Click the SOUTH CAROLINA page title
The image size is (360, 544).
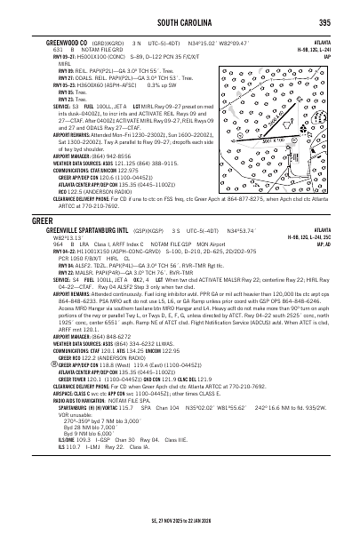(180, 22)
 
